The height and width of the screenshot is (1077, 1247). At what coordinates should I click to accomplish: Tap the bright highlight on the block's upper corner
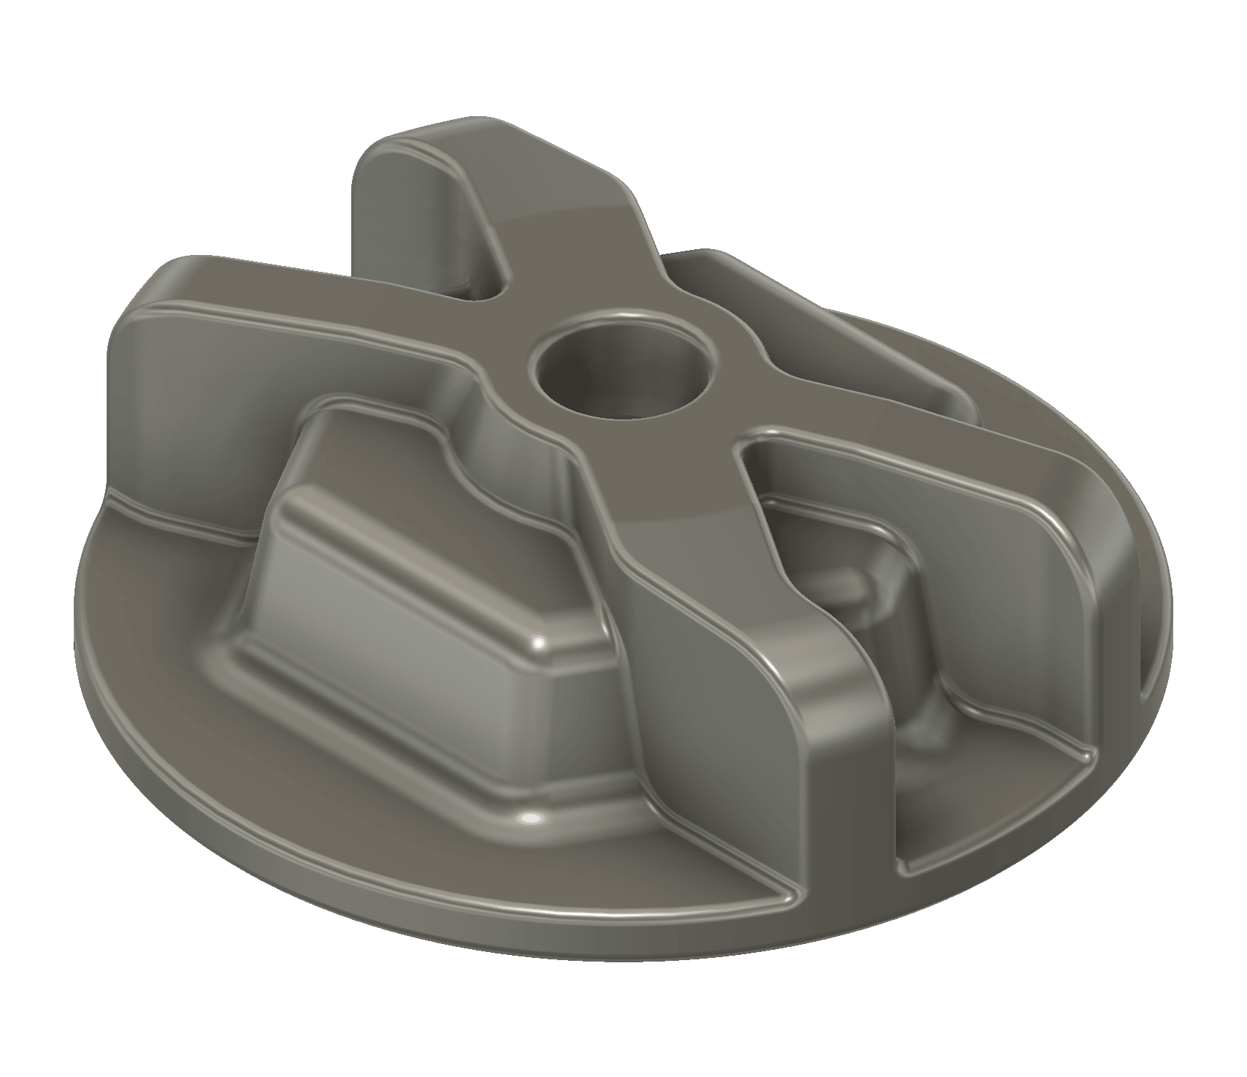pyautogui.click(x=540, y=645)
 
